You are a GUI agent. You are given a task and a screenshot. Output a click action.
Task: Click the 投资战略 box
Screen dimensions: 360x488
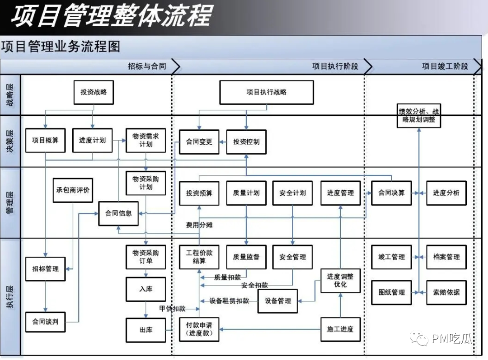[94, 92]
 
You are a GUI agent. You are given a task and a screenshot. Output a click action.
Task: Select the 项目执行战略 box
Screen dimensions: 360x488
[266, 92]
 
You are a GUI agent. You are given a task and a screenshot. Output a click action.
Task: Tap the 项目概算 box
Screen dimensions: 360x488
[45, 140]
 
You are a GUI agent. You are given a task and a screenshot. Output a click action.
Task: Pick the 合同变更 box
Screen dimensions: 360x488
[199, 142]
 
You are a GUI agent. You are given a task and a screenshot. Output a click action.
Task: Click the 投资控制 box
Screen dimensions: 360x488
[246, 142]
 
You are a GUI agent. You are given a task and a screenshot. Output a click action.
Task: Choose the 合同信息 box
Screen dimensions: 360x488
[118, 213]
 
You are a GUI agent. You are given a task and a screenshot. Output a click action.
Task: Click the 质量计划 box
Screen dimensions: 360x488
[246, 193]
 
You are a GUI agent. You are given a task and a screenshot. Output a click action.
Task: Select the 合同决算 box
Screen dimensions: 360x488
[391, 193]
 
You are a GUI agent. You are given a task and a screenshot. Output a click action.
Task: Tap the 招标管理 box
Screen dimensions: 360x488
[45, 269]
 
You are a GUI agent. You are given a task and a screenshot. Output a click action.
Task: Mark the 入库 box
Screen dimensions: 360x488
[145, 289]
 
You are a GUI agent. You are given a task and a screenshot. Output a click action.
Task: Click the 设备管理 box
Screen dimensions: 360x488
[277, 301]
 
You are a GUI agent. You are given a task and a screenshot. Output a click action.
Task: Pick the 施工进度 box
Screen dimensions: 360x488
[340, 329]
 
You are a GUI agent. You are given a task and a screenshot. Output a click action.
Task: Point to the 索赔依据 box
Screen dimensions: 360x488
[446, 293]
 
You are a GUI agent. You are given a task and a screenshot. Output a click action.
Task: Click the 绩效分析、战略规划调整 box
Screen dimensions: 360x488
[418, 116]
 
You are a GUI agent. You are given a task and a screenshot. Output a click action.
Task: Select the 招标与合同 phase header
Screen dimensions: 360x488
[147, 66]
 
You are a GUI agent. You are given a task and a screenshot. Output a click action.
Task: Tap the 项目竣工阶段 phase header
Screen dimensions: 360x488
[445, 66]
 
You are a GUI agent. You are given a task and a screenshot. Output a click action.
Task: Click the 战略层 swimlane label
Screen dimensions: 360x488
[10, 95]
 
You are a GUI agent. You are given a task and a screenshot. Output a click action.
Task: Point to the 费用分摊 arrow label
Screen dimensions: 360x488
[199, 225]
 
